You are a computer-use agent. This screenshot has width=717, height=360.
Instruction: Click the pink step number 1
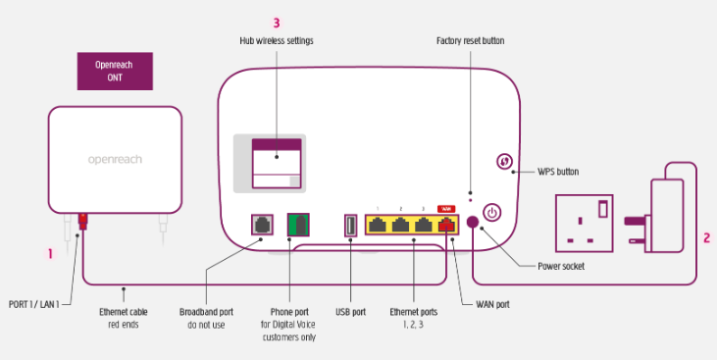[50, 253]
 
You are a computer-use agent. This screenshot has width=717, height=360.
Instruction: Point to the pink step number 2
[706, 237]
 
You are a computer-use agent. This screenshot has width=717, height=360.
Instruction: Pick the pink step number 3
[277, 21]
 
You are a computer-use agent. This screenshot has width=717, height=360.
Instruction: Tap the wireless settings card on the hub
[277, 163]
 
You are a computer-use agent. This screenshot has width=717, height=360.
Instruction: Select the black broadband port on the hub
[262, 225]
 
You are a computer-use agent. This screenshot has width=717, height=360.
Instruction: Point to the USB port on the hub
[350, 225]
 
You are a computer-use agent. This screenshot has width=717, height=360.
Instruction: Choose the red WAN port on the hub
[446, 225]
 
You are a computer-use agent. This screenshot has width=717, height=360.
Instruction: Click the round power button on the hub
[492, 213]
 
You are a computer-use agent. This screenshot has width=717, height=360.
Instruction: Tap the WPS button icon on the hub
[506, 163]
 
